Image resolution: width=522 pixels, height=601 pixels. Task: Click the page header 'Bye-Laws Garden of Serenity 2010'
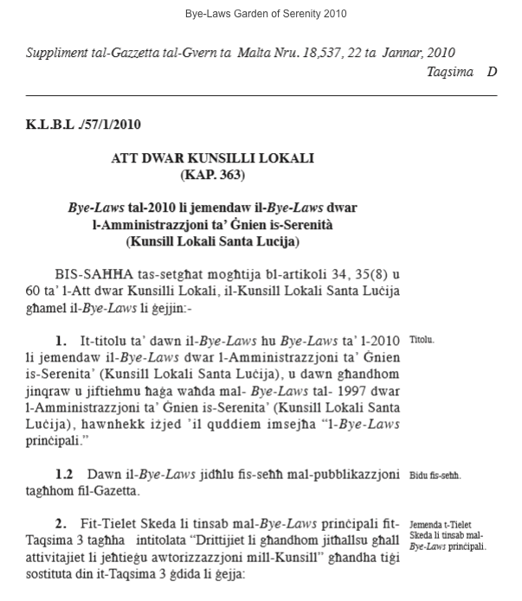coord(266,14)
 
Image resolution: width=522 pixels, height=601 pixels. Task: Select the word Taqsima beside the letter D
coord(449,72)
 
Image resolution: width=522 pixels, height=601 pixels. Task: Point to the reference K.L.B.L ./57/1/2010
coord(83,125)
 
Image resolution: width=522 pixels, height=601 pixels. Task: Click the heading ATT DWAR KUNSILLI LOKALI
coord(212,158)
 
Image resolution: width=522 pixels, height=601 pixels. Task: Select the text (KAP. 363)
coord(212,175)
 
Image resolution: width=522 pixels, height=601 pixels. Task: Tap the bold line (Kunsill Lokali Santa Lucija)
coord(212,241)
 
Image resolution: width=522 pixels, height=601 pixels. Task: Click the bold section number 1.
coord(61,342)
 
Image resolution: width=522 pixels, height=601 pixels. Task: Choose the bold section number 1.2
coord(64,475)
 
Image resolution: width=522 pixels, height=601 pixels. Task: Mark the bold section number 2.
coord(61,524)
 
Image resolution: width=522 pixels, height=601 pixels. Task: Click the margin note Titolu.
coord(422,341)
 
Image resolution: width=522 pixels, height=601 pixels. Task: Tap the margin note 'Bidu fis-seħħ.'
coord(435,476)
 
